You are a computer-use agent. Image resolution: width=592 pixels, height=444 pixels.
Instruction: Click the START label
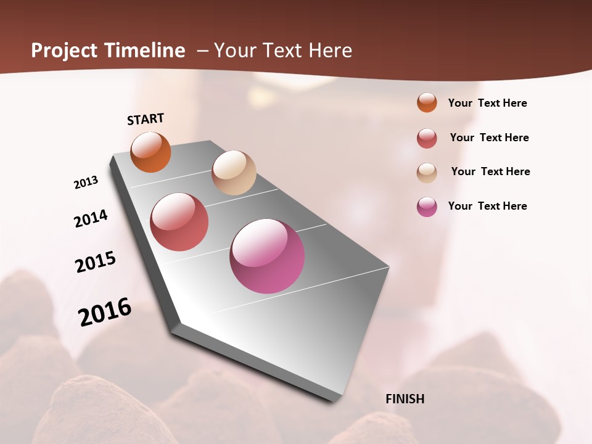(146, 118)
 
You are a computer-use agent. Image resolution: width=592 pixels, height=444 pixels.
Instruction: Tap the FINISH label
(405, 399)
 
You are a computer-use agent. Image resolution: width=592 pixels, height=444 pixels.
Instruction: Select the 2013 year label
(86, 183)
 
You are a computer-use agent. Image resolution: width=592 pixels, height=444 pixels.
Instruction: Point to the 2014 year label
(91, 218)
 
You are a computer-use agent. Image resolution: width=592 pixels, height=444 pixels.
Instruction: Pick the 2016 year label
(105, 312)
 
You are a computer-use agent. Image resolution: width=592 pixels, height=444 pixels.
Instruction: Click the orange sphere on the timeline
(150, 152)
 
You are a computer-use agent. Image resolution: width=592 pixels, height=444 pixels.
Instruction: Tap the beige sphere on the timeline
(234, 173)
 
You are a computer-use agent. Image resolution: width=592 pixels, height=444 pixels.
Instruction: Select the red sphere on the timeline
(179, 222)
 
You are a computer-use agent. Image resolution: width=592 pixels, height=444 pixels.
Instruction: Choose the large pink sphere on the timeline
(267, 256)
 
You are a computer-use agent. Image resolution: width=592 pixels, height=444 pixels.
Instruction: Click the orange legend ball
(427, 102)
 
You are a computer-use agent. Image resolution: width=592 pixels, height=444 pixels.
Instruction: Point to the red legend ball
(427, 138)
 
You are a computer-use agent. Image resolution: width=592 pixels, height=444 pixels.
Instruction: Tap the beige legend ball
(427, 173)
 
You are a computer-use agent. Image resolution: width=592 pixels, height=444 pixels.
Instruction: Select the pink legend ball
(427, 207)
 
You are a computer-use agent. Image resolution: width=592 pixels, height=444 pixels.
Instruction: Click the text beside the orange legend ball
(487, 103)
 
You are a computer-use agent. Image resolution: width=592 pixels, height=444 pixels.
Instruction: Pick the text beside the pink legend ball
(487, 206)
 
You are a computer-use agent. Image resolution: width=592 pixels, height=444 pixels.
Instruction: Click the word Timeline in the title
(146, 51)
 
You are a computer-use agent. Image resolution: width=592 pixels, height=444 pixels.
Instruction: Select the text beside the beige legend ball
(490, 171)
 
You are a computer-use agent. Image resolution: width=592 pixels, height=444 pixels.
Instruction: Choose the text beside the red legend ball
(489, 138)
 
